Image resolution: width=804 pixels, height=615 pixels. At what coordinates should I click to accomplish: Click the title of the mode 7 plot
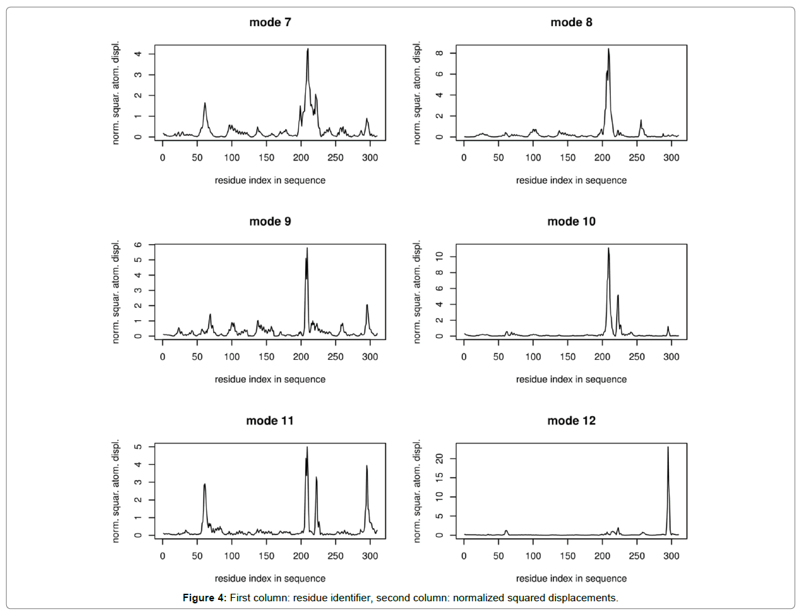click(x=269, y=23)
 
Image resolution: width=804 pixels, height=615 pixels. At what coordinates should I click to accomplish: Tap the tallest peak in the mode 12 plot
click(x=668, y=448)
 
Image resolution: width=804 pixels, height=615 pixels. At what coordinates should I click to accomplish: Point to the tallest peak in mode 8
click(x=608, y=49)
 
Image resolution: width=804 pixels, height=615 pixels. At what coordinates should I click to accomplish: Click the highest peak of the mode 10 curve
click(x=608, y=249)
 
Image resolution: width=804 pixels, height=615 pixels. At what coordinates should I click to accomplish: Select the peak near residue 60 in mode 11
click(x=204, y=485)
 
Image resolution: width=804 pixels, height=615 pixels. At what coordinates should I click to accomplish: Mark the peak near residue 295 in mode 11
click(x=367, y=466)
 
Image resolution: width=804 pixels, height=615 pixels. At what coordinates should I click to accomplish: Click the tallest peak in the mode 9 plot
click(x=307, y=249)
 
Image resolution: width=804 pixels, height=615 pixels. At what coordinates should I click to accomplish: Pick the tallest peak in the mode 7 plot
click(x=308, y=49)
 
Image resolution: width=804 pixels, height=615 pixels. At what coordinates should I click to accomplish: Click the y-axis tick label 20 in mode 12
click(x=441, y=459)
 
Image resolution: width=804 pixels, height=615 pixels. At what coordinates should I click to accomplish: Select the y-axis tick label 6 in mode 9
click(x=139, y=245)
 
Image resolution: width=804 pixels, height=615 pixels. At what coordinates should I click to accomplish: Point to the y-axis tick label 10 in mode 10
click(x=441, y=256)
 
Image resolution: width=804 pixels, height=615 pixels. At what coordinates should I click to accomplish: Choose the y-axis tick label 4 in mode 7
click(x=139, y=53)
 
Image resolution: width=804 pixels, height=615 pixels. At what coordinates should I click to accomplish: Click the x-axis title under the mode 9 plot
click(x=269, y=379)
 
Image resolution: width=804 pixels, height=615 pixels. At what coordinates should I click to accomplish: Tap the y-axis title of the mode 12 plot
click(x=419, y=490)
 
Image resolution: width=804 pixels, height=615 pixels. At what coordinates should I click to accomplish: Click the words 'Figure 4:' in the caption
click(x=204, y=598)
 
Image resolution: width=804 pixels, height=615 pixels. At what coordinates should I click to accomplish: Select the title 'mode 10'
click(x=571, y=221)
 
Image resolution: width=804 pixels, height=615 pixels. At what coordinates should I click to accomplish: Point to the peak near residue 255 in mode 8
click(x=641, y=121)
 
